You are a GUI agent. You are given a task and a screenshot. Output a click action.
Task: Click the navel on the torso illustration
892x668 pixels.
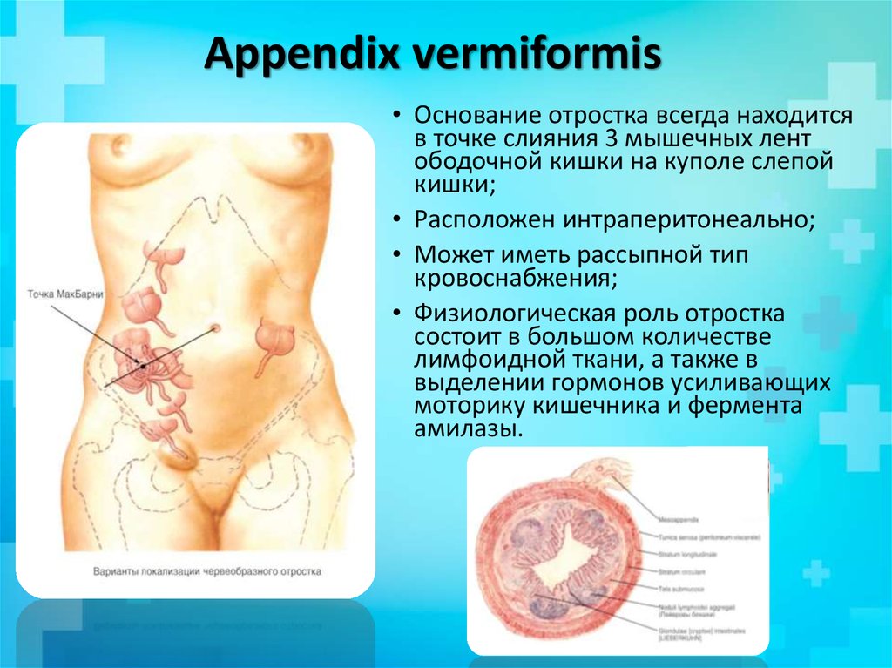coord(214,328)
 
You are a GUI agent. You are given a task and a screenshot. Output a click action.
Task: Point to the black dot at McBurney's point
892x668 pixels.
coord(142,367)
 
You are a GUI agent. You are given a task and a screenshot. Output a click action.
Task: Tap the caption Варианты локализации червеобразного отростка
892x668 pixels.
coord(207,572)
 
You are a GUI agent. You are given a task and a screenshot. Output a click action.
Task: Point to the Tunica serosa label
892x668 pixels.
coord(707,536)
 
